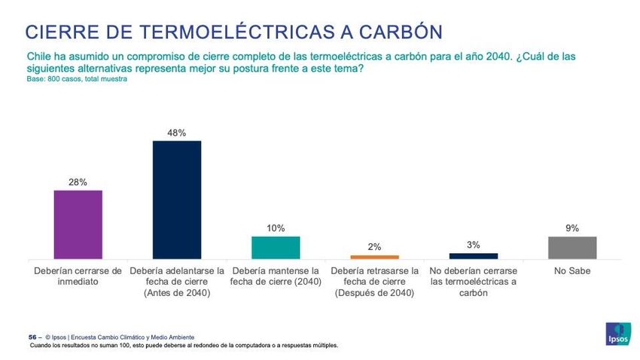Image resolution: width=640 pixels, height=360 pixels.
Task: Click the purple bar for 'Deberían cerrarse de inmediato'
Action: point(78,224)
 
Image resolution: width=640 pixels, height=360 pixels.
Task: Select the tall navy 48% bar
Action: point(177,200)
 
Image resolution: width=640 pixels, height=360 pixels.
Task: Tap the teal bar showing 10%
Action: point(276,248)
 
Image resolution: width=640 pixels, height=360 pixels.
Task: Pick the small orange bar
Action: point(374,257)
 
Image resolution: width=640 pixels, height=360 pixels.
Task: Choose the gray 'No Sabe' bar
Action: point(572,248)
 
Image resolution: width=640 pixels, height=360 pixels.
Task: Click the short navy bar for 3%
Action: point(473,256)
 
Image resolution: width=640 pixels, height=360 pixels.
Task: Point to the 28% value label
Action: point(78,182)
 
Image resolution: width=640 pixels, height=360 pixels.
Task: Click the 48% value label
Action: point(177,133)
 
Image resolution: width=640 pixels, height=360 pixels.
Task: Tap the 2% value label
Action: point(374,246)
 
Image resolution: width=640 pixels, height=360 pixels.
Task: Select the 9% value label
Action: point(572,228)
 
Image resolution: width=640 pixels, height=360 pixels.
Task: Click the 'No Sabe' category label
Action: point(572,270)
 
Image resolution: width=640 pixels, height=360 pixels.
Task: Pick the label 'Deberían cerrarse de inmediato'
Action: point(78,276)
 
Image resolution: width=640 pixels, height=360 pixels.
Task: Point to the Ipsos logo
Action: point(618,334)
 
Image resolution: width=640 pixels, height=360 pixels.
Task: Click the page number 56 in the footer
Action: point(32,337)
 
